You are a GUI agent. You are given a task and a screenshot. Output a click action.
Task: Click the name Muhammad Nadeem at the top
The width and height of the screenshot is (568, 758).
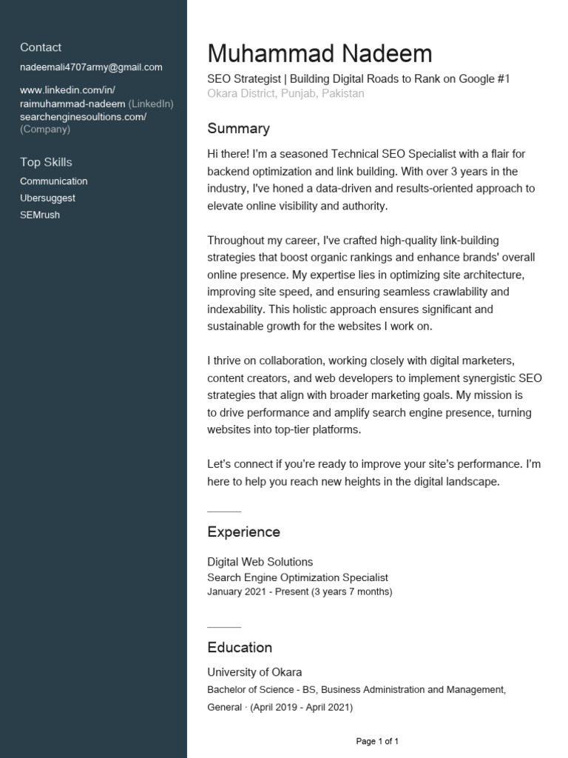coord(319,54)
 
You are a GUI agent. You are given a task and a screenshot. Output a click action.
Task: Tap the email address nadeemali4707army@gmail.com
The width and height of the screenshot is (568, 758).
coord(91,67)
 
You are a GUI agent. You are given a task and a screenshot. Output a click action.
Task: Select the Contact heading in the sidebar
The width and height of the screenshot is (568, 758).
coord(41,47)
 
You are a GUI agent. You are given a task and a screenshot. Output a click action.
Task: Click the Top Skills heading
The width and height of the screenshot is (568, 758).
coord(46,162)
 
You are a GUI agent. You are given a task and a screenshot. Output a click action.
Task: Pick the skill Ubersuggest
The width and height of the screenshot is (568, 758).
coord(47,198)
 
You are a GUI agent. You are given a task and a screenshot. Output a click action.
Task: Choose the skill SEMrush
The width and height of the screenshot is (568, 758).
coord(40,215)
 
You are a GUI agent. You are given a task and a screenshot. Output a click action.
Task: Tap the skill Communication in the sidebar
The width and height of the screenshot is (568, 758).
coord(53,181)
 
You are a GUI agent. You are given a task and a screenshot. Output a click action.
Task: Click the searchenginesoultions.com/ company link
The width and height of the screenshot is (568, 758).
coord(83,117)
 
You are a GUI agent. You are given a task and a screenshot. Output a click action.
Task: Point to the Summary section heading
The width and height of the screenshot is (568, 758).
coord(238,129)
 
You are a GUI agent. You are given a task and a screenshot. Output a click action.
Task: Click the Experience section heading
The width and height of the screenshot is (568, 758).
coord(243,532)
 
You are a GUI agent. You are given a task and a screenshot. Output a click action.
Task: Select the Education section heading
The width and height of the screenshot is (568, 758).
coord(240,648)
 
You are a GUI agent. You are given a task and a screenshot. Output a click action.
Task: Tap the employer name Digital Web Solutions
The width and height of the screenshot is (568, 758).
coord(260,562)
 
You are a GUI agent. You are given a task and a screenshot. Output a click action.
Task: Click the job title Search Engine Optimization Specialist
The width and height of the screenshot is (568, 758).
coord(297,577)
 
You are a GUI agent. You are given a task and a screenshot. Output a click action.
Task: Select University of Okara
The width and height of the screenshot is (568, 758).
coord(254,672)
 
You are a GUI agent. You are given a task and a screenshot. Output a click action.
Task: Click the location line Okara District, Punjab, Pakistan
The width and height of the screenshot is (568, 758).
coord(285,94)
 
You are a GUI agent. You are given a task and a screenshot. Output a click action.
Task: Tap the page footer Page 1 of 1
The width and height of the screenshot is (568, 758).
coord(377,741)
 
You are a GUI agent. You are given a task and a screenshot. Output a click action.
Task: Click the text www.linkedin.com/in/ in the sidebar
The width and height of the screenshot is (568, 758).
coord(67,90)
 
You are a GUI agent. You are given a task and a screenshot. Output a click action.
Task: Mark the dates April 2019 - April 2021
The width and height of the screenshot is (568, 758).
coord(301,708)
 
